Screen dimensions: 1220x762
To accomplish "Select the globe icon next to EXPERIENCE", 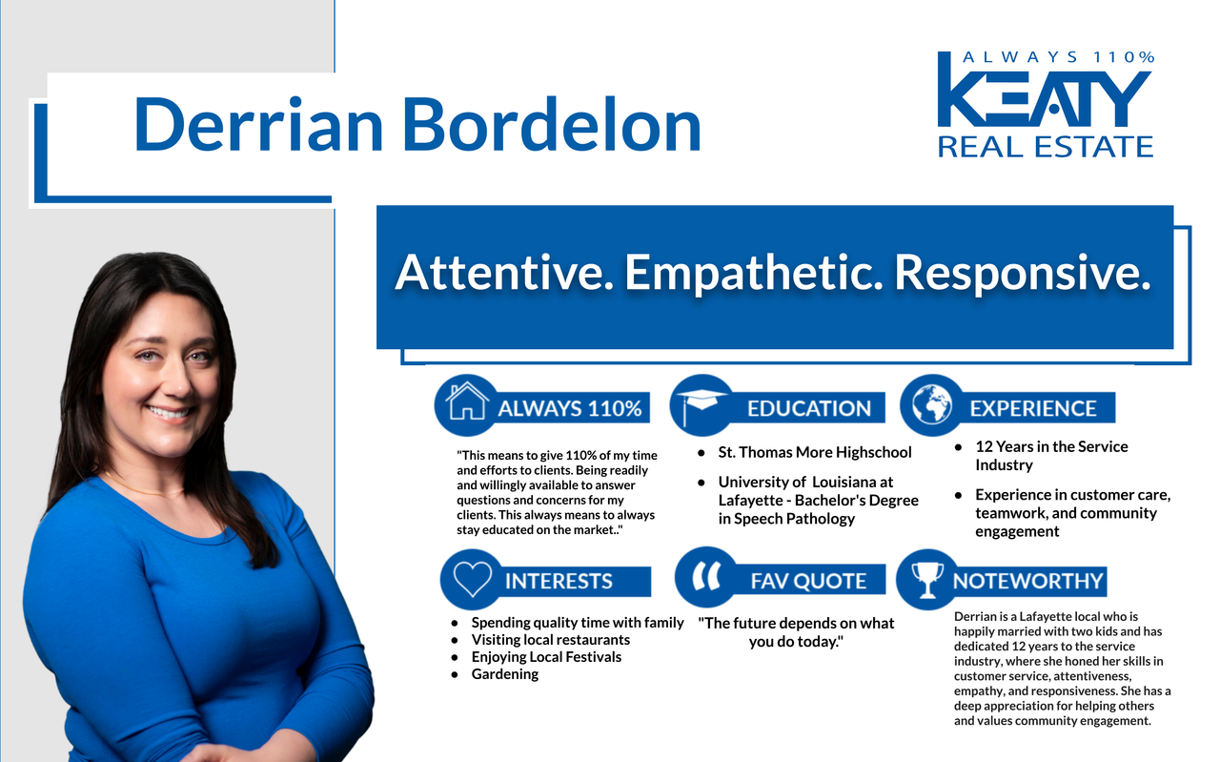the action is pyautogui.click(x=932, y=404).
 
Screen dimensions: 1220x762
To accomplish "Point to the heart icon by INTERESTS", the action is pyautogui.click(x=472, y=578).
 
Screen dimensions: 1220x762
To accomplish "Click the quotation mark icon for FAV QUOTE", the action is pyautogui.click(x=706, y=576).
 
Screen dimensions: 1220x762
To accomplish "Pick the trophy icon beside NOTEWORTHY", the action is pyautogui.click(x=927, y=580).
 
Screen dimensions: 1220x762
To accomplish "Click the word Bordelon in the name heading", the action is pyautogui.click(x=551, y=125).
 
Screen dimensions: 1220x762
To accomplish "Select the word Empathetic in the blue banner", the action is pyautogui.click(x=753, y=274).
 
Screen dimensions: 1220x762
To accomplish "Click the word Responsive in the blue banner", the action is pyautogui.click(x=1023, y=274).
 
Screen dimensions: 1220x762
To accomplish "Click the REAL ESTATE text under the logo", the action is pyautogui.click(x=1046, y=147).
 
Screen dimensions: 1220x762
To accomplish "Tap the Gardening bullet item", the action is pyautogui.click(x=505, y=674).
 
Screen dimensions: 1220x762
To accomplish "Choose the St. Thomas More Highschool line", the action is pyautogui.click(x=815, y=452).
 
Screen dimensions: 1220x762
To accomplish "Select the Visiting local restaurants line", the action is pyautogui.click(x=551, y=639).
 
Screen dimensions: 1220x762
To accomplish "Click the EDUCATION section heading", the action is pyautogui.click(x=809, y=408).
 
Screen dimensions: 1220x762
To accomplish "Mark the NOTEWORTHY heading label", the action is pyautogui.click(x=1027, y=581).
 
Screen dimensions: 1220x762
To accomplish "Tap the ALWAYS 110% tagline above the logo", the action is pyautogui.click(x=1058, y=57).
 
